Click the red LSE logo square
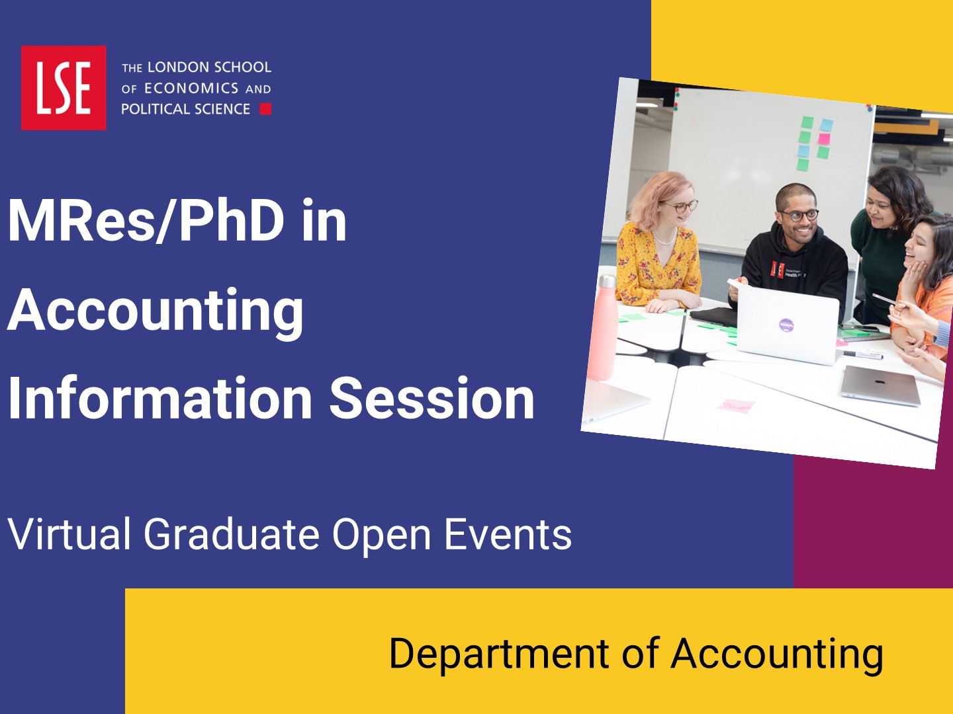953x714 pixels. point(64,87)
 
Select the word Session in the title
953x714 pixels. point(431,398)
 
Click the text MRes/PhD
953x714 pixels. point(146,220)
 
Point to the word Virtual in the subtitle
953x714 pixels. point(69,534)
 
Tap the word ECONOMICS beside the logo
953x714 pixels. point(191,89)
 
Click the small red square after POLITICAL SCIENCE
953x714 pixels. point(265,109)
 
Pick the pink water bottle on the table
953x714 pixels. point(604,327)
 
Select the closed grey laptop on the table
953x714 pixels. point(880,386)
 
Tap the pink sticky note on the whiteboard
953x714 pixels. point(824,139)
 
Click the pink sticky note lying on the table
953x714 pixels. point(737,405)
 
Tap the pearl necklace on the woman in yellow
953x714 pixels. point(663,239)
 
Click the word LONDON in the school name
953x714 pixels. point(173,67)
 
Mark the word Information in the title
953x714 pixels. point(159,398)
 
